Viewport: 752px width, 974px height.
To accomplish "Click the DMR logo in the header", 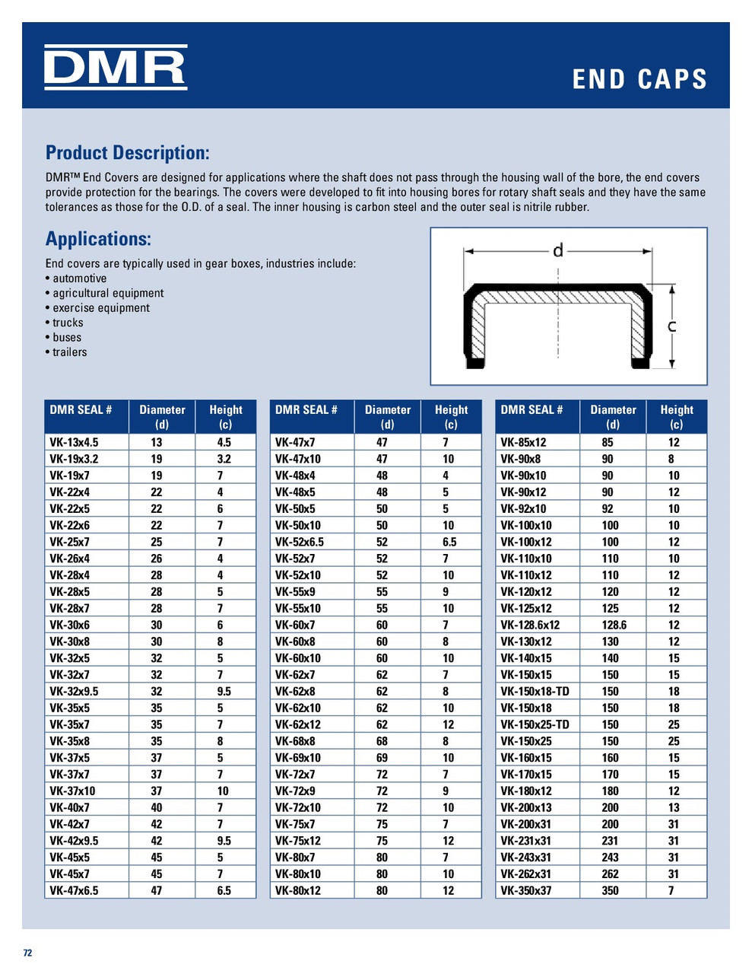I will (x=115, y=67).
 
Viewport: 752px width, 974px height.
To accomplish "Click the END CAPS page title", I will (x=639, y=79).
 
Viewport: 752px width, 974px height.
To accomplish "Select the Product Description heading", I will (x=127, y=153).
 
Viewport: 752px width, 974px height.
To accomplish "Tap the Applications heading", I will (x=98, y=239).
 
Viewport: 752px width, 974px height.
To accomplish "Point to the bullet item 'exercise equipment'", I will (x=100, y=308).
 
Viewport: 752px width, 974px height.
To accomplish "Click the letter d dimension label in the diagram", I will (x=557, y=250).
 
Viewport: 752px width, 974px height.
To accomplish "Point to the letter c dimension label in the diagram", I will (x=671, y=326).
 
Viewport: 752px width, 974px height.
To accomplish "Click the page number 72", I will (x=27, y=953).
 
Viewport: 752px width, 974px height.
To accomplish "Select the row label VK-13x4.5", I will (x=74, y=442).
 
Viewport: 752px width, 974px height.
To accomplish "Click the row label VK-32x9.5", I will (x=74, y=692).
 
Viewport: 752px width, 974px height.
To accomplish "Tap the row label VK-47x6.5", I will (x=74, y=891).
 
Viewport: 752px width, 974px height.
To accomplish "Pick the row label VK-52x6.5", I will (x=300, y=542).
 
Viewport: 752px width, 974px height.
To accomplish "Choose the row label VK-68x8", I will (x=295, y=741).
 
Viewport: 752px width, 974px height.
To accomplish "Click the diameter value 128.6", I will (x=612, y=625).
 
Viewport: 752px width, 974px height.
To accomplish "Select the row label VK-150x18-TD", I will (x=535, y=692).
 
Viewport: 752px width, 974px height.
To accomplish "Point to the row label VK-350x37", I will (x=526, y=891).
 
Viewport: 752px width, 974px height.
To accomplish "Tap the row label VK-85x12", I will (x=523, y=442).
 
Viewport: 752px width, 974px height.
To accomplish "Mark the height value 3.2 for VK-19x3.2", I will (x=224, y=459).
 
